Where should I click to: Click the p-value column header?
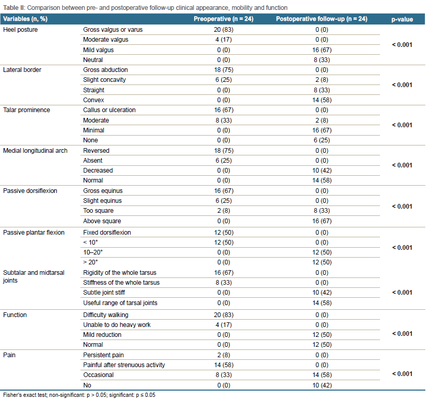[x=402, y=19]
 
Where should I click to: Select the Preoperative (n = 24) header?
[x=223, y=19]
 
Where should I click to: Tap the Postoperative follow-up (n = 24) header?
[x=321, y=19]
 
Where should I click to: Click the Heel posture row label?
[x=20, y=30]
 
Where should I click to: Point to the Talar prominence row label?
[x=27, y=110]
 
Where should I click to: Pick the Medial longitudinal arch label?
[x=35, y=151]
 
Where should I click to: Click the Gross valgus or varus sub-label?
[x=113, y=30]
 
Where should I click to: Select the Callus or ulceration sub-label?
[x=109, y=110]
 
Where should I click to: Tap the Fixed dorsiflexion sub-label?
[x=107, y=233]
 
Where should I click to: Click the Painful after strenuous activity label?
[x=124, y=365]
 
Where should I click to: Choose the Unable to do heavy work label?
[x=117, y=325]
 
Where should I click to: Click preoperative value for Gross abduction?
[x=223, y=70]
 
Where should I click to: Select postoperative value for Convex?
[x=321, y=100]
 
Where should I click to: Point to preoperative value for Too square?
[x=223, y=211]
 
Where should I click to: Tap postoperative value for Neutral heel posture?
[x=321, y=60]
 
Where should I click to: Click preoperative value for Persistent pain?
[x=223, y=355]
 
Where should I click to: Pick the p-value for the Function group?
[x=402, y=334]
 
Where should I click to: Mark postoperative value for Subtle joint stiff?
[x=321, y=293]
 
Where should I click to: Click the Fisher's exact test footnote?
[x=79, y=395]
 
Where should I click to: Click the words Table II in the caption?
[x=14, y=8]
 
